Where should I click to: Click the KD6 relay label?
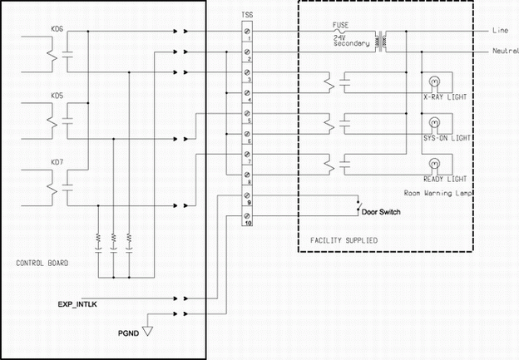coord(57,30)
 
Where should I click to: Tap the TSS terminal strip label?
coord(247,15)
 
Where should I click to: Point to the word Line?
coord(500,30)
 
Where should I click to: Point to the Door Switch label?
coord(380,212)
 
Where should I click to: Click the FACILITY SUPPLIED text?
coord(343,240)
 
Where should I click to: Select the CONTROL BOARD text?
coord(42,263)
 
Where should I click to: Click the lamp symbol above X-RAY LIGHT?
coord(432,81)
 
